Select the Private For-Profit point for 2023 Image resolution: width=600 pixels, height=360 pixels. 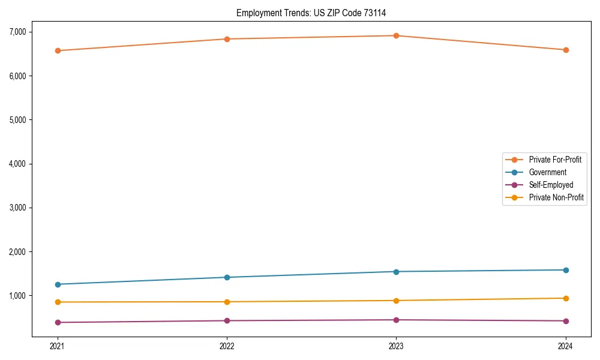[x=397, y=35]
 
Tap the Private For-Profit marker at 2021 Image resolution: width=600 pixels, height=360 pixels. [x=58, y=50]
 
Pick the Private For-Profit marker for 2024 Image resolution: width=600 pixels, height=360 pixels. [x=566, y=50]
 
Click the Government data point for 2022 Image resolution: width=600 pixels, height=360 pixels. [x=227, y=277]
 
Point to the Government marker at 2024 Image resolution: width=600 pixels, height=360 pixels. [x=566, y=270]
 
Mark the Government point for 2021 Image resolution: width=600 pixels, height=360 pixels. [x=58, y=284]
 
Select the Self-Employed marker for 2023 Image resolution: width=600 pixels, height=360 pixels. [x=397, y=320]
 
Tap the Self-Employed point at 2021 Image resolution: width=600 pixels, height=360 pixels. [x=58, y=322]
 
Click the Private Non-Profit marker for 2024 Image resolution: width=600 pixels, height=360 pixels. [x=566, y=298]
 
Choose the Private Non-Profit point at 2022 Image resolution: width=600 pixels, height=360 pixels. [x=227, y=302]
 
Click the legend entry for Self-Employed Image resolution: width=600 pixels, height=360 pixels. [x=551, y=185]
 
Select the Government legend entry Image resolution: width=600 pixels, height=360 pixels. [x=547, y=172]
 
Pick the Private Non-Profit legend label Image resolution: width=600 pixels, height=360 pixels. [x=556, y=197]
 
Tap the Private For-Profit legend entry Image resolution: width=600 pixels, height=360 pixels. [x=554, y=160]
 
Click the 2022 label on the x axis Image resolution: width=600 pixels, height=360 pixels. [x=227, y=346]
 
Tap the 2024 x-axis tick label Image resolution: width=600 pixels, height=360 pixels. [x=566, y=346]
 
